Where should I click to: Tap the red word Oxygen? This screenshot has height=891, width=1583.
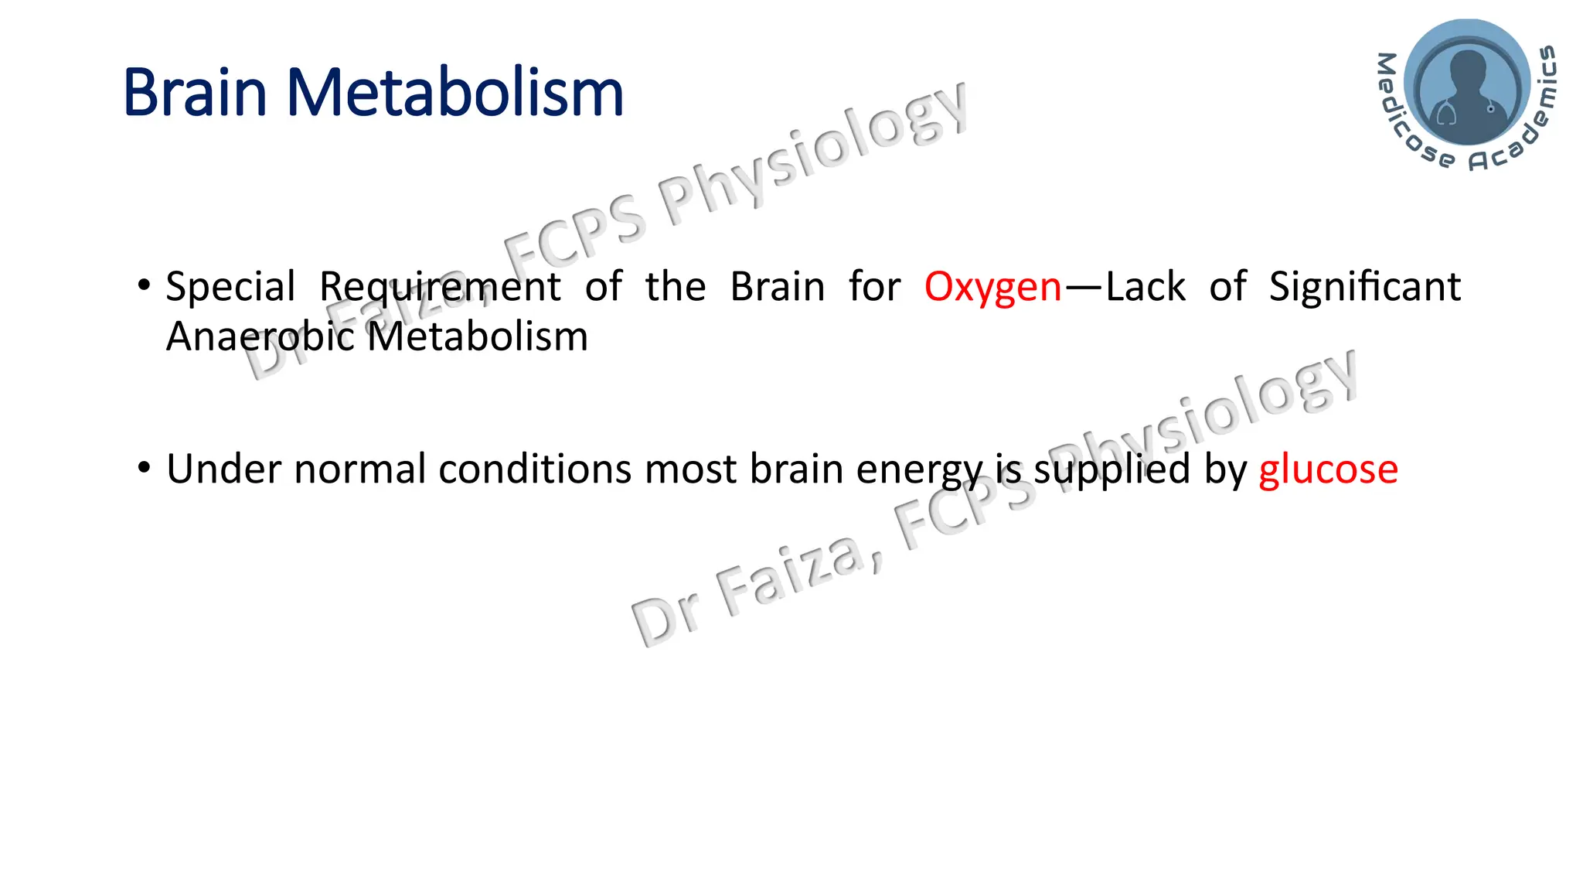tap(992, 288)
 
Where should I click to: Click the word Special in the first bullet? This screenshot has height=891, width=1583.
tap(230, 288)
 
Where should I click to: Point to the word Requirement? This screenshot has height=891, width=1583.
tap(440, 288)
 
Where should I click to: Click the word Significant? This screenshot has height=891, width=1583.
tap(1364, 287)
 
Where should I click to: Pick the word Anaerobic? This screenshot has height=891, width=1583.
tap(260, 337)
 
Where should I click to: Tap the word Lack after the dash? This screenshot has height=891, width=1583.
tap(1145, 287)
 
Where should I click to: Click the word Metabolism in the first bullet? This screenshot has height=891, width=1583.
tap(477, 337)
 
